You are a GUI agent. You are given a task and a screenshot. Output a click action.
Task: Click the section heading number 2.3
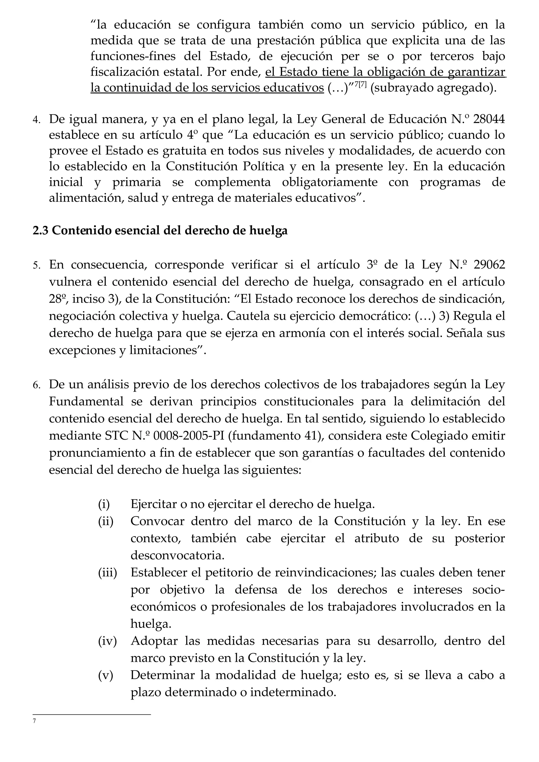(41, 231)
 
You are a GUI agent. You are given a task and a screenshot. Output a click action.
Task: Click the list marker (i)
(104, 504)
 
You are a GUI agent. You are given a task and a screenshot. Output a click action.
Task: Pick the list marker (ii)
(106, 521)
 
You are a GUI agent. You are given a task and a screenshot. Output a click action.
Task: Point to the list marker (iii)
(107, 572)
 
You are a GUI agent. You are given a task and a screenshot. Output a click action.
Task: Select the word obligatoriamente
(330, 182)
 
